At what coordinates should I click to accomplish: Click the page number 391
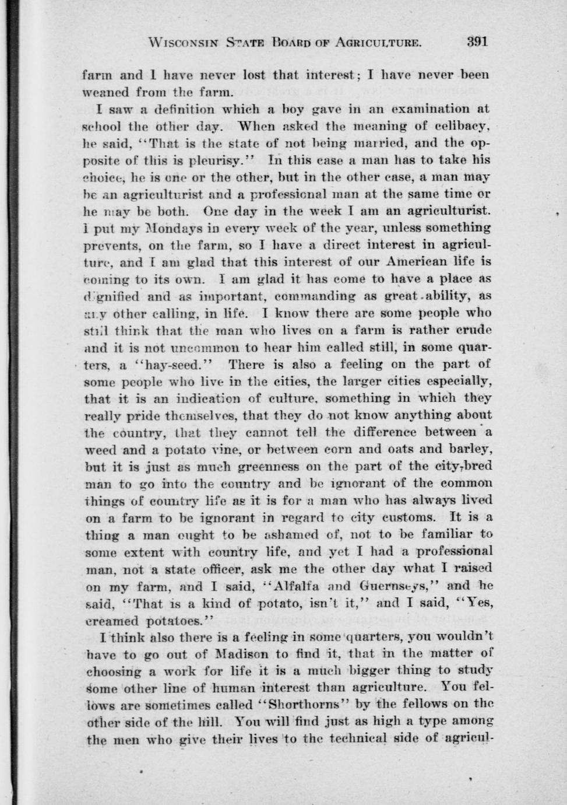[x=476, y=41]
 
